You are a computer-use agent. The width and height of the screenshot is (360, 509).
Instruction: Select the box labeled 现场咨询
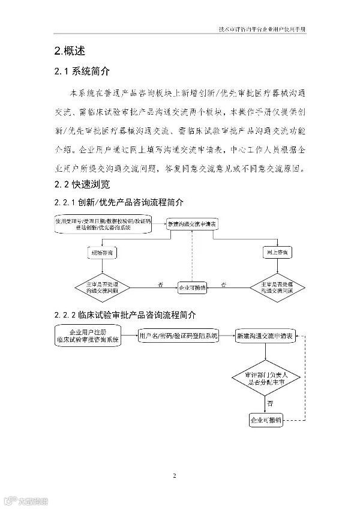pyautogui.click(x=100, y=253)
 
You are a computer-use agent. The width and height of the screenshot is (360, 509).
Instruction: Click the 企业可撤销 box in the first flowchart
pyautogui.click(x=191, y=288)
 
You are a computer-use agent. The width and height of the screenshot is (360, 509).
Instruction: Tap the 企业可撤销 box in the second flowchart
pyautogui.click(x=265, y=420)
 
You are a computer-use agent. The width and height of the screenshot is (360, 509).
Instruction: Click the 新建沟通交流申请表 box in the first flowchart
pyautogui.click(x=191, y=224)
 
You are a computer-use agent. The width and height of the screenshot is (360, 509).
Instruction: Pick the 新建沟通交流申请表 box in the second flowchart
pyautogui.click(x=265, y=336)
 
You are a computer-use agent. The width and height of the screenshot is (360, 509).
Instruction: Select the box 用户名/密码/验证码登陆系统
pyautogui.click(x=179, y=336)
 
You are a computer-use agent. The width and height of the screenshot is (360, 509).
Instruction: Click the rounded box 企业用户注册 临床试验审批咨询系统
pyautogui.click(x=88, y=336)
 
